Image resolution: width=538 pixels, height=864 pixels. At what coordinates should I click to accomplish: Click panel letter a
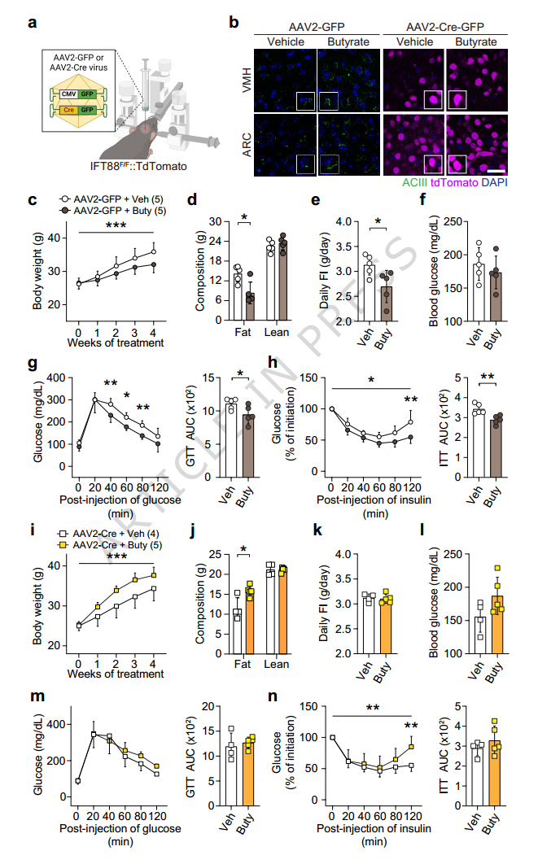click(x=32, y=22)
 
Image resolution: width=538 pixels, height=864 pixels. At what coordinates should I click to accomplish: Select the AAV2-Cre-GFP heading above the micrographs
click(x=444, y=26)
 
